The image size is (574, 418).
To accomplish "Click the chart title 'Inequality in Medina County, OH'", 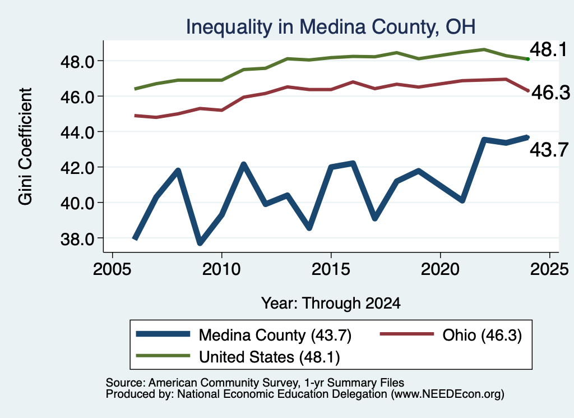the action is pos(331,27).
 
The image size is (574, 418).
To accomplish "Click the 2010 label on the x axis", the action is pos(221,269).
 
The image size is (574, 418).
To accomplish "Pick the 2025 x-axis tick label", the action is pos(549,269).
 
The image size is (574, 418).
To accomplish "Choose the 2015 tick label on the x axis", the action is pos(331,269).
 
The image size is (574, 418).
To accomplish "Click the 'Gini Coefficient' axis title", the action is pos(25,146).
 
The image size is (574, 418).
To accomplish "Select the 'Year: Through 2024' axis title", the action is pos(331,304).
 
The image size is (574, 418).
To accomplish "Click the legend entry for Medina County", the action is pos(243,335).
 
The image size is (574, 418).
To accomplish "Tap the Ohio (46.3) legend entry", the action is pos(451,335).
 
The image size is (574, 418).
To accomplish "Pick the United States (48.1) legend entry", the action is pos(238,357).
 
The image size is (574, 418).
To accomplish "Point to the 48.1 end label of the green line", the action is pos(548,49).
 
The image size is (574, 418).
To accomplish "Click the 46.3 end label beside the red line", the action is pos(550,93).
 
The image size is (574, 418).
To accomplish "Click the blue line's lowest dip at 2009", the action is pos(200,243).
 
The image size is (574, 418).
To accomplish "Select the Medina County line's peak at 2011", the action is pos(243,164).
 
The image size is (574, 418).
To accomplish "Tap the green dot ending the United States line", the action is pos(528,59).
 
